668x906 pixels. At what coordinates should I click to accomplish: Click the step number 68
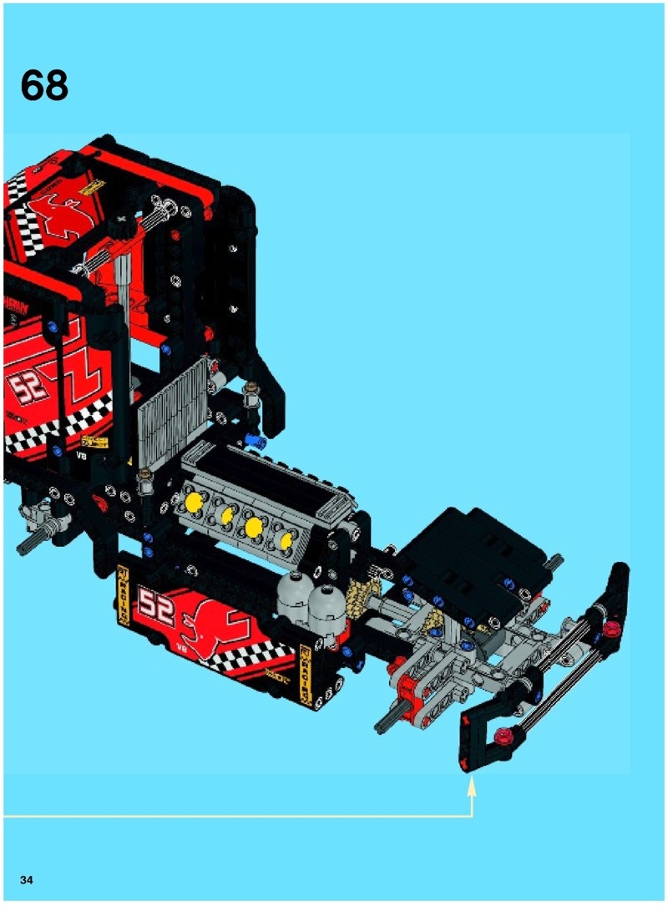(44, 85)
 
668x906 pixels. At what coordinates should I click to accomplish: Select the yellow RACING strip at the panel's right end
(306, 673)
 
